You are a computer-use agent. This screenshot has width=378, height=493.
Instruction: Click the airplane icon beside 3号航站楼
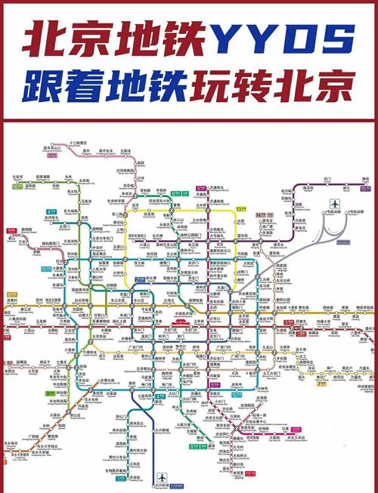tap(334, 205)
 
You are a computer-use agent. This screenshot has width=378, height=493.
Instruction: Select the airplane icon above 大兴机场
tap(161, 477)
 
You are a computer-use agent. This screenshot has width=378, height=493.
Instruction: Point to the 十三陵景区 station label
tap(79, 142)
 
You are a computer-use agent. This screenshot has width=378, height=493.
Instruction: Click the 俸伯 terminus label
tap(364, 181)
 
